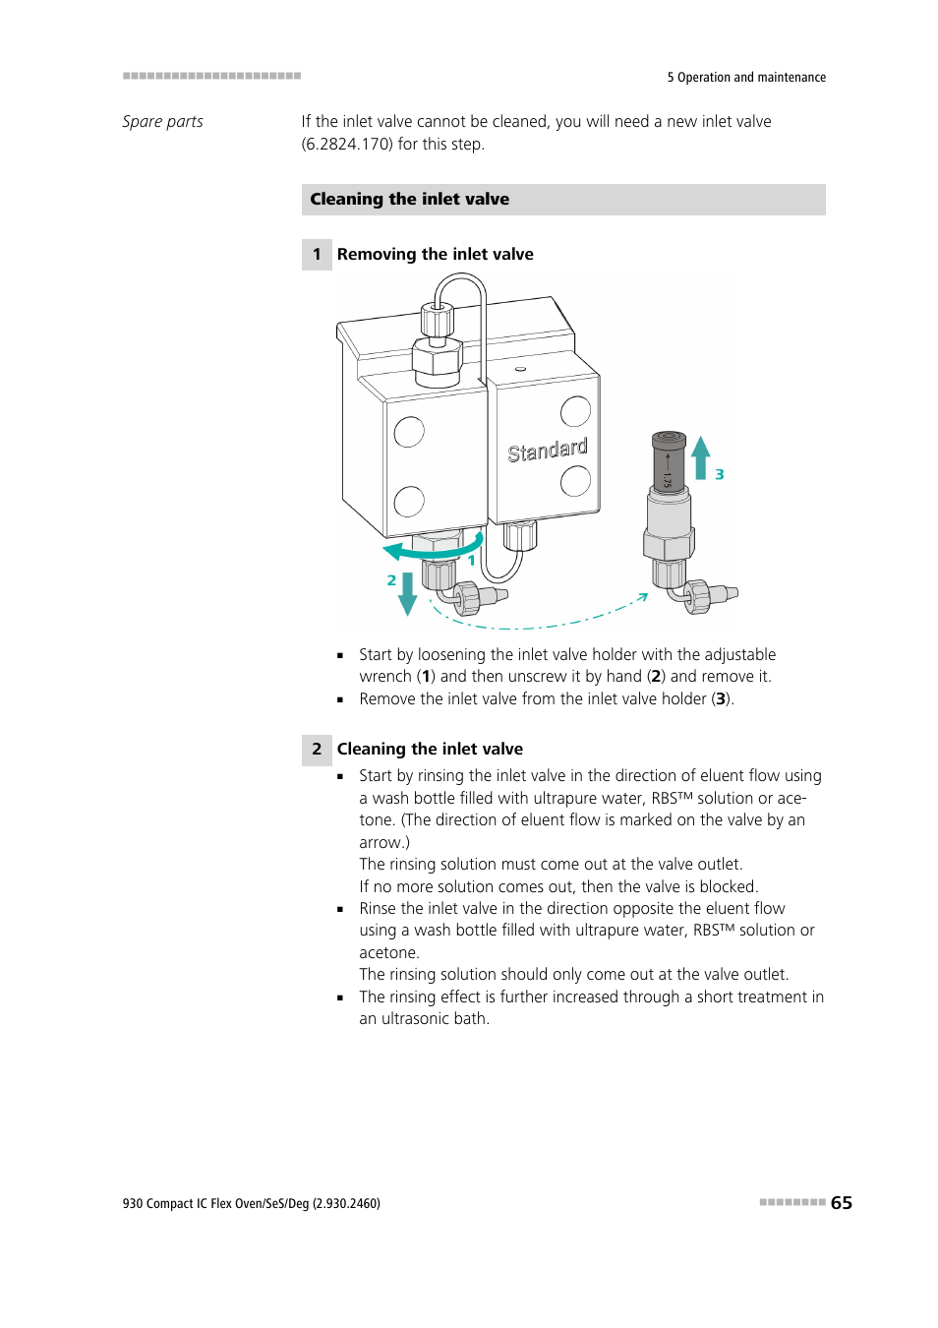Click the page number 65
841,1202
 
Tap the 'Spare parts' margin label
162,122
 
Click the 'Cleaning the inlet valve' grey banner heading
410,200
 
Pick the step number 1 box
317,255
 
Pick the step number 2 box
317,750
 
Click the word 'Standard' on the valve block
547,451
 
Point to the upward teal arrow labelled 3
700,457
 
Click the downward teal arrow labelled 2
407,593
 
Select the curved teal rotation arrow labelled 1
433,548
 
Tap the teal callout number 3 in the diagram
720,474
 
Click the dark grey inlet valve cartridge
669,461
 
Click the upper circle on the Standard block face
575,411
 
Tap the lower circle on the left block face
409,501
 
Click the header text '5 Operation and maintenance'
746,78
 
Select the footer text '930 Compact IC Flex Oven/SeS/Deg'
216,1203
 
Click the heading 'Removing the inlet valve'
435,255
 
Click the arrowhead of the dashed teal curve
643,595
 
